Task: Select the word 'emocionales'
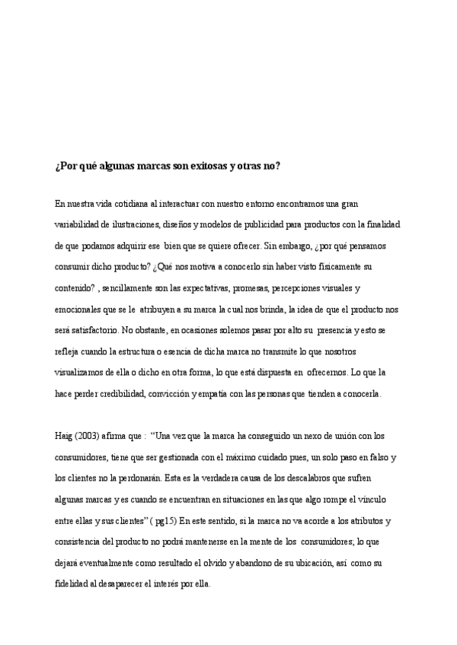pyautogui.click(x=78, y=310)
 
